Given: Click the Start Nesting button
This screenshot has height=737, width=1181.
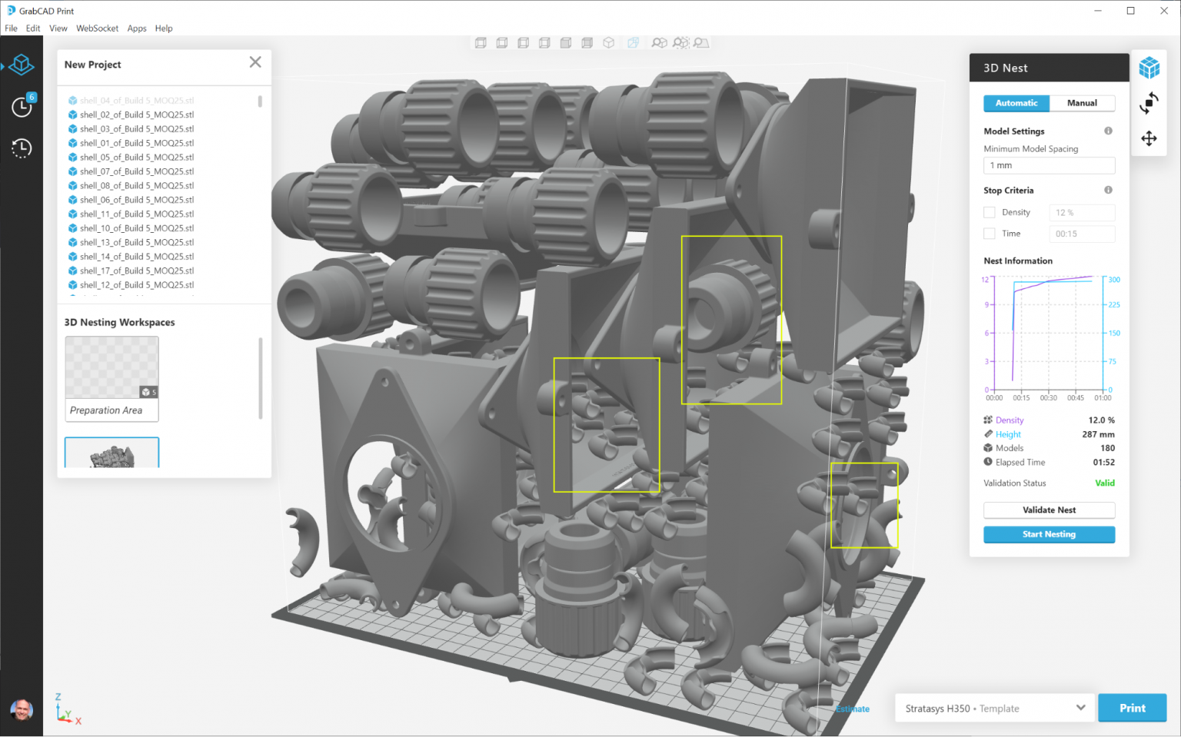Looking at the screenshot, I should coord(1049,534).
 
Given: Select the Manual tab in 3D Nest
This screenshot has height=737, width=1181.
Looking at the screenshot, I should coord(1082,103).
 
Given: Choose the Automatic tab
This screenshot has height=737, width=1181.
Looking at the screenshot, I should coord(1016,103).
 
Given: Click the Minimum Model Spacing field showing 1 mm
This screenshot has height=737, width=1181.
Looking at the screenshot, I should coord(1049,165).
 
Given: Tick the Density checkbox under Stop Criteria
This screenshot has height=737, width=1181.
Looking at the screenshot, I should coord(990,213).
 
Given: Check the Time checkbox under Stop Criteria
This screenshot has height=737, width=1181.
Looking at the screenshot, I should coord(990,234).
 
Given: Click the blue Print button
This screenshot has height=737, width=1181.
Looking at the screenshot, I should coord(1132,708).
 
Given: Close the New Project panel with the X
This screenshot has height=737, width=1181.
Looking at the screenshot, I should coord(255,62).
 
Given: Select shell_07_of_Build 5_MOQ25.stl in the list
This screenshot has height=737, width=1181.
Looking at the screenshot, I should coord(136,171).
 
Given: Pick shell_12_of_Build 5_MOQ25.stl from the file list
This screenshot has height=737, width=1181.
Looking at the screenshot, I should coord(136,285).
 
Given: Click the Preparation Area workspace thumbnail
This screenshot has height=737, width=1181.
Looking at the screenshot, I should coord(112,378).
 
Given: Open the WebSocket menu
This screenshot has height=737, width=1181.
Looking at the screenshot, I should coord(97,28).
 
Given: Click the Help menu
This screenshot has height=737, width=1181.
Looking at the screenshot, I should coord(164,28).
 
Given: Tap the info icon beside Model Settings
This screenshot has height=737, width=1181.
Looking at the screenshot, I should coord(1108,131).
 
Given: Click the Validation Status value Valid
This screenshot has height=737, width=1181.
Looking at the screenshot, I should coord(1104,483).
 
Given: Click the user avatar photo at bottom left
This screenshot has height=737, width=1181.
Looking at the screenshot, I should coord(22,709).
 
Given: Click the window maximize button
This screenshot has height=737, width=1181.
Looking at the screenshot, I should coord(1130,11).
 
